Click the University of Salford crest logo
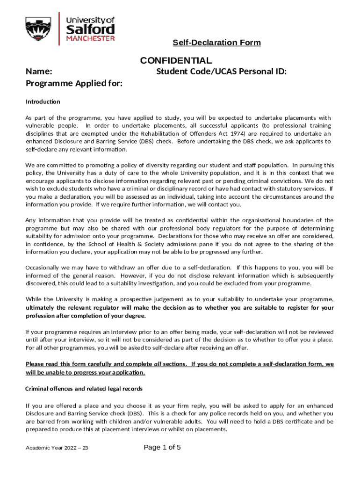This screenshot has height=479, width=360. pyautogui.click(x=38, y=29)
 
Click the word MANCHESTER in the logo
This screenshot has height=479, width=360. pyautogui.click(x=90, y=39)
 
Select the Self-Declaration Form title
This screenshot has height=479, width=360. pyautogui.click(x=216, y=43)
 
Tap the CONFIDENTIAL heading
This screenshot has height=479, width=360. pyautogui.click(x=176, y=61)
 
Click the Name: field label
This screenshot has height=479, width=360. pyautogui.click(x=38, y=72)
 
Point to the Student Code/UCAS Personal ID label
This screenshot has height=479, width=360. pyautogui.click(x=221, y=72)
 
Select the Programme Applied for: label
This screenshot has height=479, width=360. pyautogui.click(x=74, y=84)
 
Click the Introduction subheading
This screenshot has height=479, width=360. pyautogui.click(x=43, y=102)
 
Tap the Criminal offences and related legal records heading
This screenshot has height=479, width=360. pyautogui.click(x=84, y=389)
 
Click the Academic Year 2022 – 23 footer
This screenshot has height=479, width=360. pyautogui.click(x=57, y=448)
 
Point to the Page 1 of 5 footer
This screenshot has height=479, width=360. pyautogui.click(x=162, y=447)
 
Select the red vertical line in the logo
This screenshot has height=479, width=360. pyautogui.click(x=59, y=29)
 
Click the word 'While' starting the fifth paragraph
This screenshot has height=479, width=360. pyautogui.click(x=34, y=299)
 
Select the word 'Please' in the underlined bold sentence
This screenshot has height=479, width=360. pyautogui.click(x=36, y=364)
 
